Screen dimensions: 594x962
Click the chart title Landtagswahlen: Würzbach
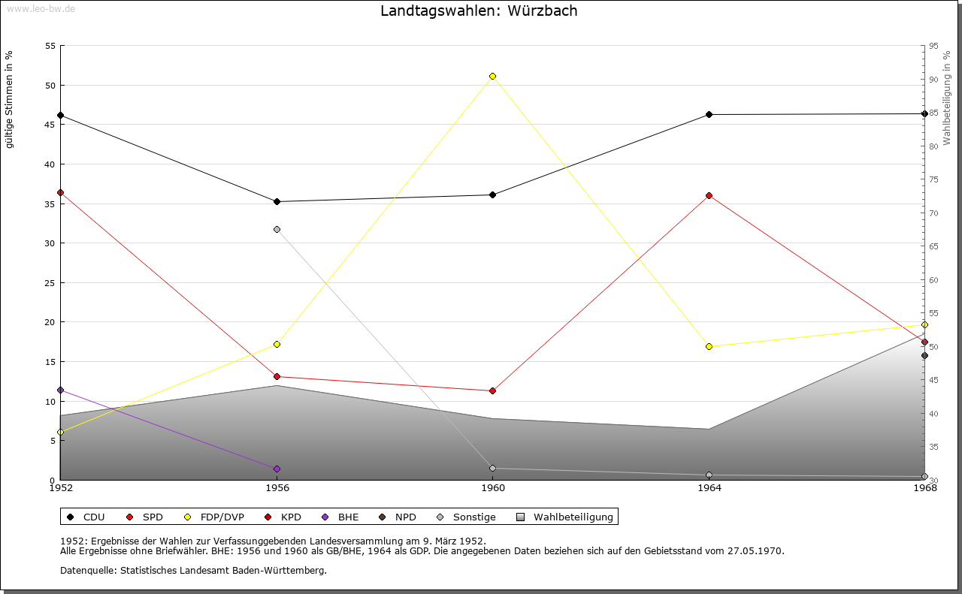click(x=479, y=11)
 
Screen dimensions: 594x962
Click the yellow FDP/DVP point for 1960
click(x=492, y=76)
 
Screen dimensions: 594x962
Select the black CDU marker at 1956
click(x=277, y=201)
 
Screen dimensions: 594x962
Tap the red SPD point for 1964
click(x=709, y=195)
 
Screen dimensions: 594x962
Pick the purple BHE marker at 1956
click(x=277, y=469)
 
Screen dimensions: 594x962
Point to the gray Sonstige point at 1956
click(x=277, y=229)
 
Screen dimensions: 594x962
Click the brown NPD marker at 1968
click(x=924, y=355)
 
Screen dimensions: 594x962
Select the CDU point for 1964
click(x=709, y=114)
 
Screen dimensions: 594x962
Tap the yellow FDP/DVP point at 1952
click(x=60, y=432)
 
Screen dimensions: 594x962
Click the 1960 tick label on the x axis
click(x=493, y=488)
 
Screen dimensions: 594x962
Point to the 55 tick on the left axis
click(x=50, y=46)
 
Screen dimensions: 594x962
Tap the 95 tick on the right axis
click(x=933, y=46)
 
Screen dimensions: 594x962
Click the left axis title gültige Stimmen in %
click(x=10, y=99)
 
